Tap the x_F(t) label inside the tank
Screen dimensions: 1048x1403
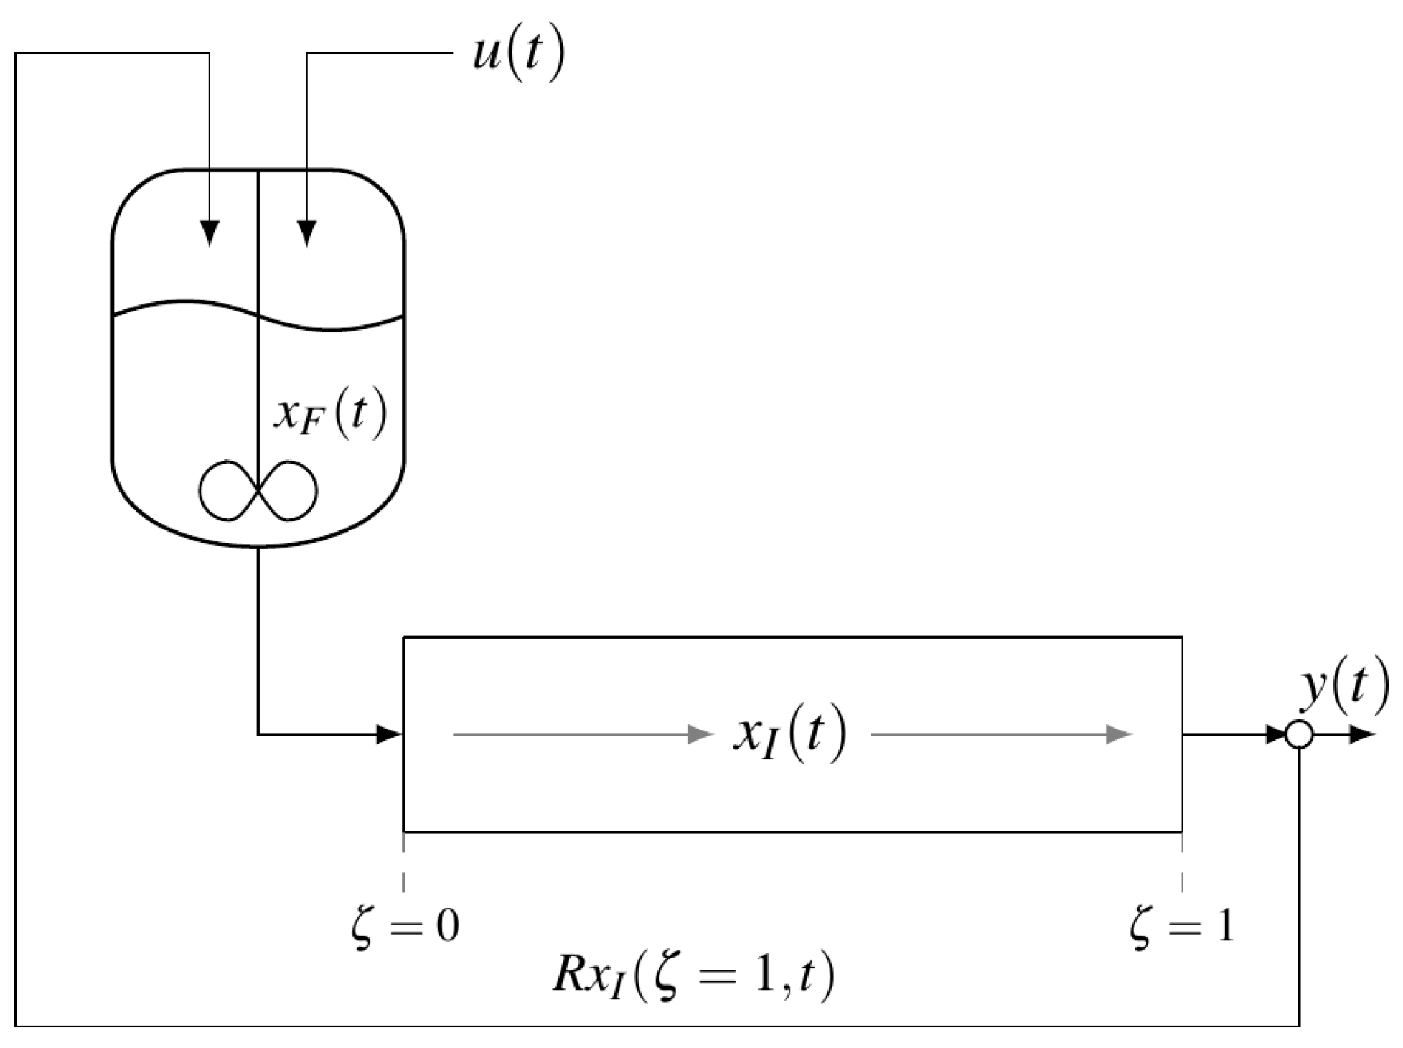pyautogui.click(x=329, y=416)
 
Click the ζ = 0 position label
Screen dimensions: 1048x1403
pyautogui.click(x=405, y=927)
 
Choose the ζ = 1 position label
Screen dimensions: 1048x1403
pyautogui.click(x=1181, y=927)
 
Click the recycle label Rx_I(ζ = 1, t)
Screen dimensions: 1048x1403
pyautogui.click(x=693, y=977)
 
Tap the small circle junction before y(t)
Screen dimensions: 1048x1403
pyautogui.click(x=1299, y=735)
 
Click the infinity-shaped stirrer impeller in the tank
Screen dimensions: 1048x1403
pyautogui.click(x=258, y=490)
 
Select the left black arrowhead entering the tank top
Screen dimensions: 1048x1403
pyautogui.click(x=209, y=232)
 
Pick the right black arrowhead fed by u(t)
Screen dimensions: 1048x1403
pyautogui.click(x=307, y=232)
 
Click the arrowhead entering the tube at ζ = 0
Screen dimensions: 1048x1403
pyautogui.click(x=390, y=734)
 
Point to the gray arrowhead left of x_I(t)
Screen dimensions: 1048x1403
pyautogui.click(x=700, y=734)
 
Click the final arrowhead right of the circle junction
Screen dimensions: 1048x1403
pyautogui.click(x=1361, y=735)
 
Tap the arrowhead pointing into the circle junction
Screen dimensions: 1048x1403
pyautogui.click(x=1275, y=734)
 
